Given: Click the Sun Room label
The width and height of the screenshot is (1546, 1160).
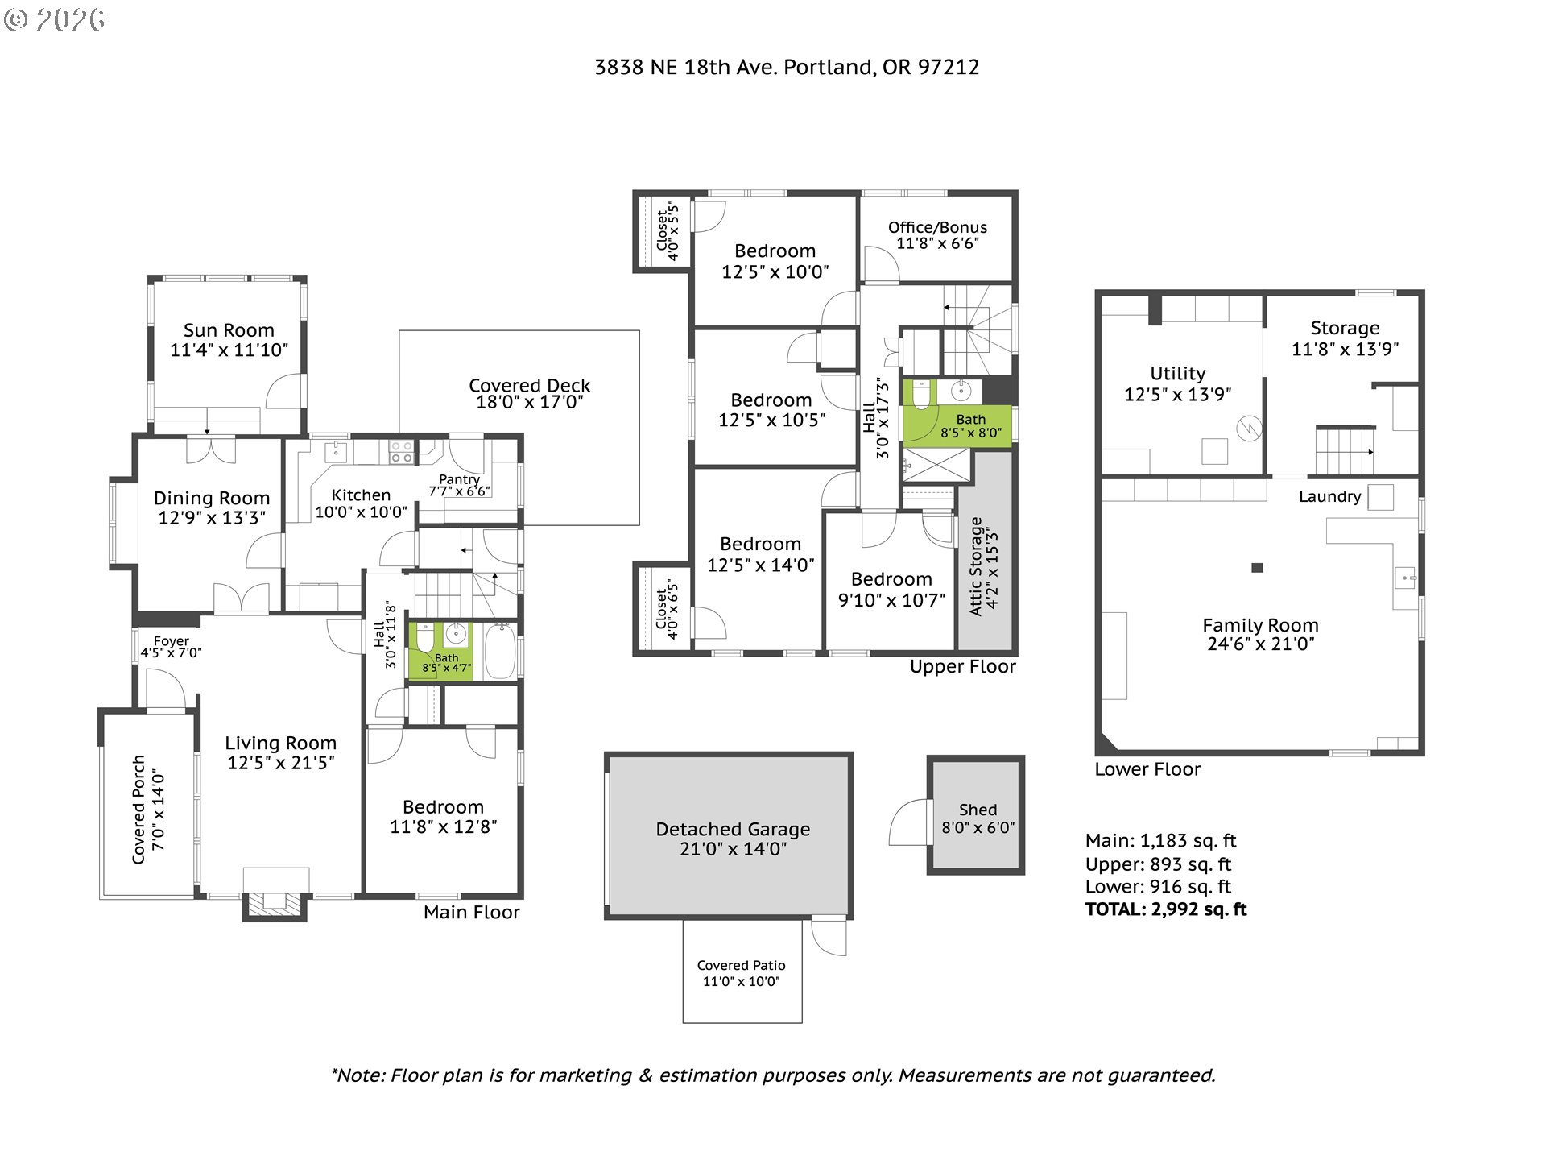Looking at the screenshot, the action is click(229, 340).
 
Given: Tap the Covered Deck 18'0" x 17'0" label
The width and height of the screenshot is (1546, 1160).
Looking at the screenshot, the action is click(530, 393).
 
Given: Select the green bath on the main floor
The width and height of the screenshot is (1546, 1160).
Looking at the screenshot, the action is click(440, 651).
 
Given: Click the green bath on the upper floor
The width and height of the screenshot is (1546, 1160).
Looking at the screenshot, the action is click(957, 412).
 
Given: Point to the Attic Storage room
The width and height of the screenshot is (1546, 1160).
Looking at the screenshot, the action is click(985, 553).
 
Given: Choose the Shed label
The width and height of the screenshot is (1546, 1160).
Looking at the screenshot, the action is click(978, 818).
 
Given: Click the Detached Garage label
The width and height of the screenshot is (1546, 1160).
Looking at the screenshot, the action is click(733, 838).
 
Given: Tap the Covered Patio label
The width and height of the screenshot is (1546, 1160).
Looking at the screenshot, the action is click(742, 972).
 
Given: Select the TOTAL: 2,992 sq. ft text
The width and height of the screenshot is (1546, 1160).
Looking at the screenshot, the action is click(1166, 909).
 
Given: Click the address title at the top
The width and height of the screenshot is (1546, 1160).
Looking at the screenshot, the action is click(787, 67).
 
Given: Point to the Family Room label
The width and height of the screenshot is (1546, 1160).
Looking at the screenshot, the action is click(1261, 634).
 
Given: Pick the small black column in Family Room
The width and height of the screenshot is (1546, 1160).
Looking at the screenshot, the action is click(1257, 568).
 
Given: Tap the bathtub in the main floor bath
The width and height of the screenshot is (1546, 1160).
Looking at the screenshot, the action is click(500, 651).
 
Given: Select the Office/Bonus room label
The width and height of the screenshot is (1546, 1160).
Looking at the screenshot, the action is click(937, 235).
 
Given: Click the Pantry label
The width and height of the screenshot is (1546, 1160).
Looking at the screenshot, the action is click(459, 485).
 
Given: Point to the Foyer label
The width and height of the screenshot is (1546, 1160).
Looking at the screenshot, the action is click(172, 647).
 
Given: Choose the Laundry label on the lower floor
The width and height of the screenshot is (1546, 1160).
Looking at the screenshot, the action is click(1329, 496).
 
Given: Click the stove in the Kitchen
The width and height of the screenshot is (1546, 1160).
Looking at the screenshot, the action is click(401, 452).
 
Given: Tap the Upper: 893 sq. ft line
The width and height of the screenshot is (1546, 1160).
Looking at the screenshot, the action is click(1158, 864).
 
